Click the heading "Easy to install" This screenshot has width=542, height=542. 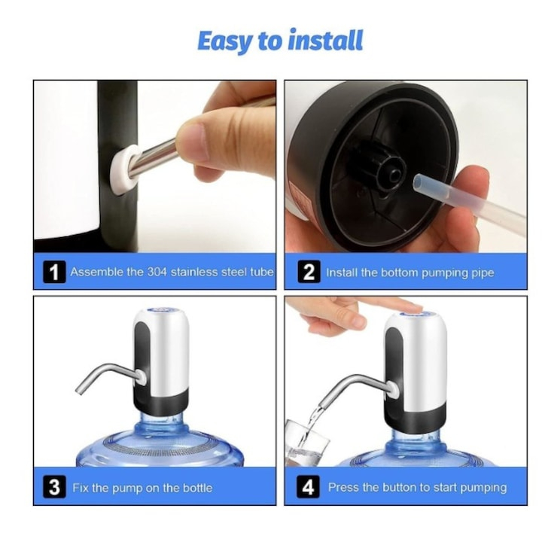click(279, 41)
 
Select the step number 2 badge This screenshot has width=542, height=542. click(309, 272)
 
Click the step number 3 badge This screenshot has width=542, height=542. click(53, 487)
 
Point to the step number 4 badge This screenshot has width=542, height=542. click(309, 487)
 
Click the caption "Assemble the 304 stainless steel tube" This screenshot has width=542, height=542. click(172, 272)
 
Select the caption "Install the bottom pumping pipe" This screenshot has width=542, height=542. click(410, 273)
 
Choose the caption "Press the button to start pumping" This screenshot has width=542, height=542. click(418, 488)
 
